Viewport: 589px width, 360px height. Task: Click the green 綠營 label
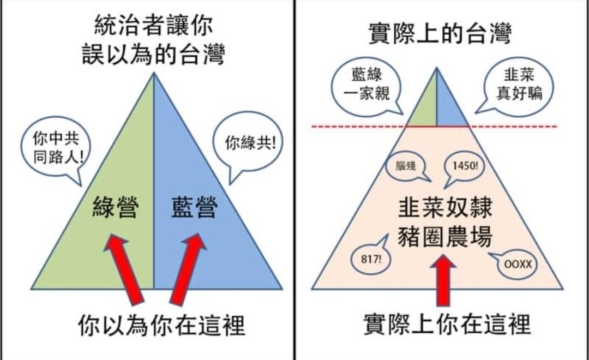(x=115, y=207)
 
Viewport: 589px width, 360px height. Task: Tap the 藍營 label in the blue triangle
(x=195, y=207)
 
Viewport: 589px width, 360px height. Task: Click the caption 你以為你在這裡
(x=161, y=325)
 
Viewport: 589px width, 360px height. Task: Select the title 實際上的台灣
(x=440, y=33)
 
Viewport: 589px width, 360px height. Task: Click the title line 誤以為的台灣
(x=153, y=55)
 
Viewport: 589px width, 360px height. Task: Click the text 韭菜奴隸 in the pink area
(x=445, y=208)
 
